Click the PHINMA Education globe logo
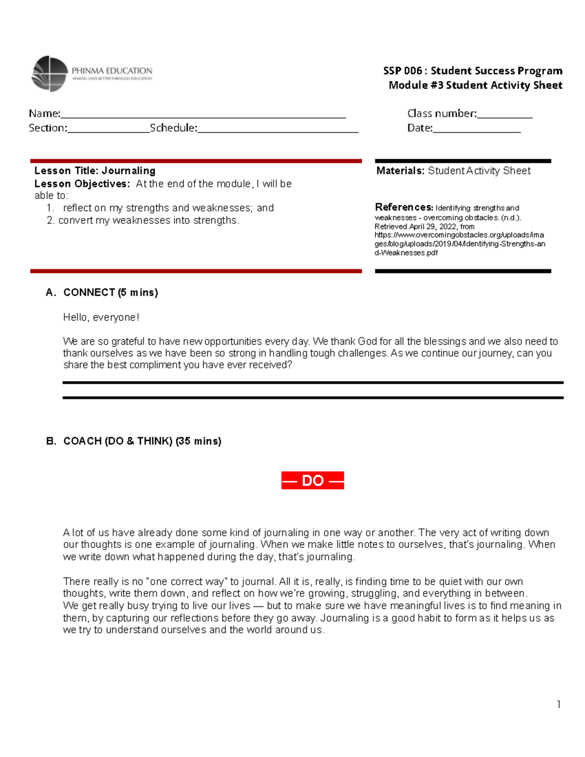[x=49, y=74]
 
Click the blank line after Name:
[x=203, y=116]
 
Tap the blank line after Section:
[x=108, y=131]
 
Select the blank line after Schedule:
[x=278, y=131]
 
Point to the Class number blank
[x=505, y=116]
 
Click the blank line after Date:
[x=476, y=131]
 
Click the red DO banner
[x=312, y=481]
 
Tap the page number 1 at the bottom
[x=558, y=704]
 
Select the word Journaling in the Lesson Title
[x=129, y=171]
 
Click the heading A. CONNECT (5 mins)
[x=102, y=292]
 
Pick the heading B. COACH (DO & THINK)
[x=134, y=441]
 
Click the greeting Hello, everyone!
[x=101, y=317]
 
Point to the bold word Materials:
[x=400, y=171]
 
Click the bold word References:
[x=404, y=207]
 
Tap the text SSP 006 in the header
[x=402, y=71]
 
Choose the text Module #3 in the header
[x=415, y=85]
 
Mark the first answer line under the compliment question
[x=312, y=383]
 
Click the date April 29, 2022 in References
[x=432, y=227]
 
